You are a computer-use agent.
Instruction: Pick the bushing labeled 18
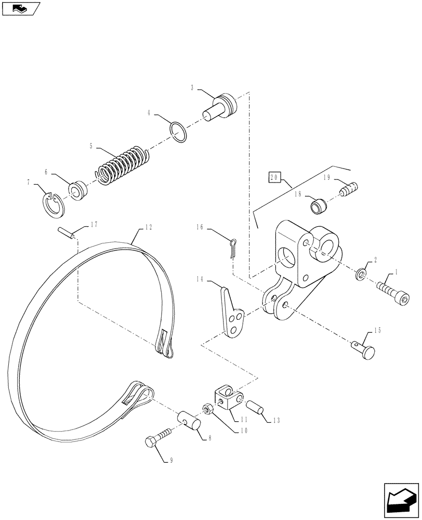pyautogui.click(x=318, y=205)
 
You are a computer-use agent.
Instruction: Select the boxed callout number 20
pyautogui.click(x=274, y=177)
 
